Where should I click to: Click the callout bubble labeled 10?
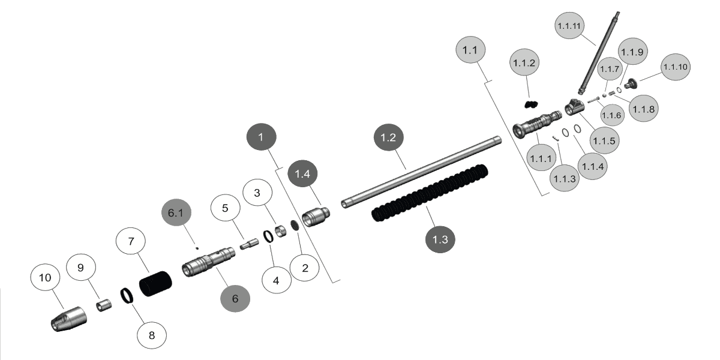pos(45,277)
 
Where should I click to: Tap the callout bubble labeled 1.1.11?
pos(569,26)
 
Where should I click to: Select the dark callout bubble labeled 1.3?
pos(440,239)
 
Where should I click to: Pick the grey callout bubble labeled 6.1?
pos(176,212)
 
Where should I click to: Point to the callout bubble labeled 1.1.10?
pos(676,67)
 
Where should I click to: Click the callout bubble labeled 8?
pos(152,335)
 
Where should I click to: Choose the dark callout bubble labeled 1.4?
pos(302,173)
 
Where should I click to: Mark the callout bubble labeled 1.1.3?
pos(565,178)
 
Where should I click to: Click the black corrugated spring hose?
pos(430,193)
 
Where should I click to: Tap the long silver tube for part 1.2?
pos(421,172)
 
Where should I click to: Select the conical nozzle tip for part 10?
pos(69,319)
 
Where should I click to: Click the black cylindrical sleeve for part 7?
pos(155,283)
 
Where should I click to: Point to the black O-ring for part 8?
pos(127,296)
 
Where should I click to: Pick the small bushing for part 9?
pos(104,305)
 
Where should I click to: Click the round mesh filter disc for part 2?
pos(295,225)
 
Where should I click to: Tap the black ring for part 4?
pos(268,236)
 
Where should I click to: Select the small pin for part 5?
pos(250,244)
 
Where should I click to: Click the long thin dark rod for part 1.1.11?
pos(599,53)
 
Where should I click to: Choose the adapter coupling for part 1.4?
pos(316,217)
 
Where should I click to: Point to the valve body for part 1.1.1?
pos(537,124)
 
